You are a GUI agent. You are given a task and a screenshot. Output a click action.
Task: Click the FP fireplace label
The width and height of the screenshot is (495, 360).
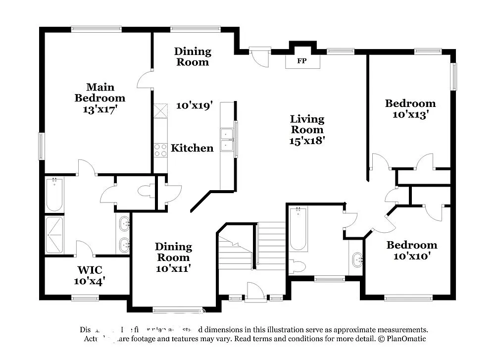tap(301, 62)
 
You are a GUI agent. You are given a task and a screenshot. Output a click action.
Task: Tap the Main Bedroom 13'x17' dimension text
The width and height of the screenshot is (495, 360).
tap(100, 109)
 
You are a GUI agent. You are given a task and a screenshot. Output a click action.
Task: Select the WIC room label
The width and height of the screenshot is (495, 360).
tap(90, 270)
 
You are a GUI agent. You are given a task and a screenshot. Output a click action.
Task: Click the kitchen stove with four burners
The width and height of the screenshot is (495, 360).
tap(160, 150)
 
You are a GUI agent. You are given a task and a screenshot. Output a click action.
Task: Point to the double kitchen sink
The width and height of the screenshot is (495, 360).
tap(227, 139)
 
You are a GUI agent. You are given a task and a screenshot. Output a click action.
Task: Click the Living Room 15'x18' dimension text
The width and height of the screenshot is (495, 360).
tap(307, 141)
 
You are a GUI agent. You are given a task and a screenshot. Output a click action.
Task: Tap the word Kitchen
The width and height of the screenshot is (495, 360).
tap(192, 148)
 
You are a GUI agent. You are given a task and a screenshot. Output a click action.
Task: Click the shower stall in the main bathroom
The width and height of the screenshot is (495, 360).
tap(54, 235)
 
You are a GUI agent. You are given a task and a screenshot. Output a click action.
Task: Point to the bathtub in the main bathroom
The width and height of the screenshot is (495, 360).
tap(54, 194)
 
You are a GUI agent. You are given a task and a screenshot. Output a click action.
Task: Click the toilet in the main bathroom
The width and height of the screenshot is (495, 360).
tap(146, 191)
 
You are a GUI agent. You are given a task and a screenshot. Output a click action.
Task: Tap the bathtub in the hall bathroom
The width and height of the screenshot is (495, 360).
tap(298, 228)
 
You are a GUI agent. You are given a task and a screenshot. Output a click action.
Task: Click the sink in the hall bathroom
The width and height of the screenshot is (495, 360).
tap(356, 259)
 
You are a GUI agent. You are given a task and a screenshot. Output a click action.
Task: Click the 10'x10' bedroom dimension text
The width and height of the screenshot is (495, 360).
tap(412, 256)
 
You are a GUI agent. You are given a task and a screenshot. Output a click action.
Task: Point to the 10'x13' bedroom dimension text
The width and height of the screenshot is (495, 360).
tap(410, 114)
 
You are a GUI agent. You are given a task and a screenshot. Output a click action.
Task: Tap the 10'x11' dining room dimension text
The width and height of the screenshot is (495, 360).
tap(173, 268)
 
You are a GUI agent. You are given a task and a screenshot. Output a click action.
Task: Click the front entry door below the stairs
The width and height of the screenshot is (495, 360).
tap(256, 292)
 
